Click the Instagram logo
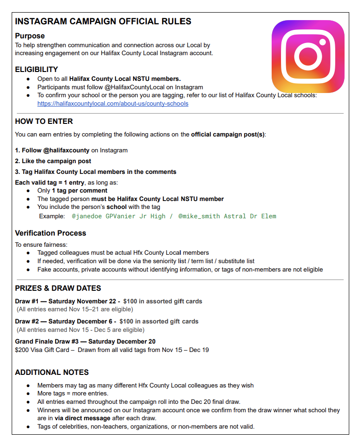click(308, 56)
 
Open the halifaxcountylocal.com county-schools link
click(113, 103)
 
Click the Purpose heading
click(30, 36)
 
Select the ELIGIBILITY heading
click(36, 70)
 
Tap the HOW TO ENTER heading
click(44, 121)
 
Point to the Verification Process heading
click(50, 233)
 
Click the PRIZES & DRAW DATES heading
click(58, 288)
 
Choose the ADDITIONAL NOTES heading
click(52, 372)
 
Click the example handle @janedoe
click(86, 216)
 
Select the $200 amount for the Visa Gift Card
click(22, 350)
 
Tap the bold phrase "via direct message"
click(82, 418)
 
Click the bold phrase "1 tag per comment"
click(79, 191)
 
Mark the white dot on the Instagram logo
click(323, 42)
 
